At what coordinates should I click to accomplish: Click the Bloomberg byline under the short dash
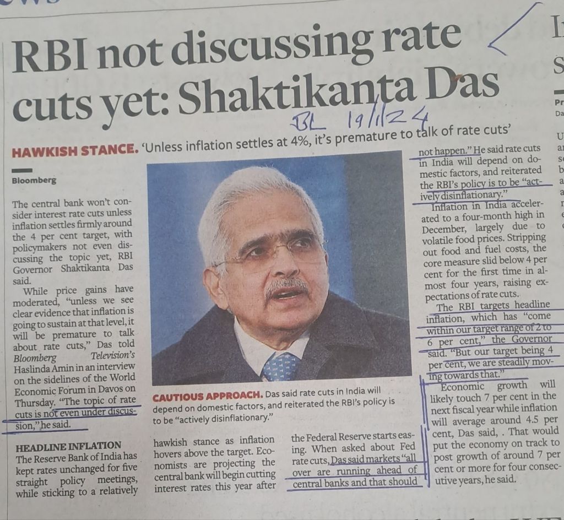click(x=34, y=180)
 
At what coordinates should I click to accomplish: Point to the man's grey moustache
click(x=286, y=286)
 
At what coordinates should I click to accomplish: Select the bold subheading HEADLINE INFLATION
click(x=69, y=445)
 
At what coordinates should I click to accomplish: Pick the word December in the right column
click(x=443, y=226)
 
